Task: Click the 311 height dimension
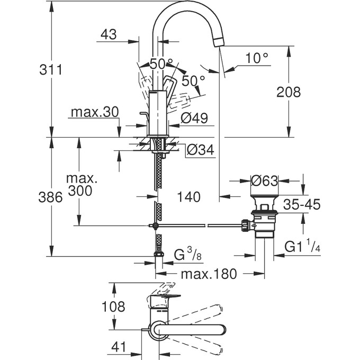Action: pyautogui.click(x=51, y=69)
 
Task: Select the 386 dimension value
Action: pyautogui.click(x=51, y=197)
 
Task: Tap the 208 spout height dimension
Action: pyautogui.click(x=288, y=92)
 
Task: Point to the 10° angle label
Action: pyautogui.click(x=257, y=58)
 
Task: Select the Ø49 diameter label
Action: pyautogui.click(x=193, y=118)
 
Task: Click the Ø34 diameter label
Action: pyautogui.click(x=200, y=150)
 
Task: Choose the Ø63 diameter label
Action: pyautogui.click(x=265, y=181)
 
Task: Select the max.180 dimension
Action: pyautogui.click(x=209, y=274)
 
